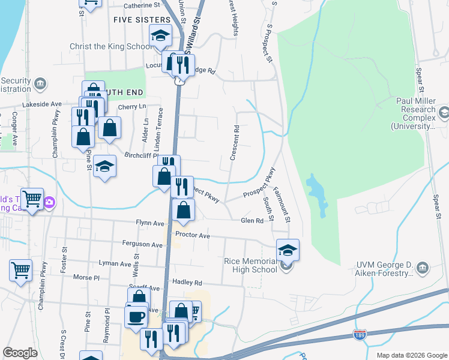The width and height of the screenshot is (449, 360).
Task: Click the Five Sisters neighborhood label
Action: click(141, 20)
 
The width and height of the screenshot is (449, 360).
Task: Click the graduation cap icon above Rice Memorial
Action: click(288, 250)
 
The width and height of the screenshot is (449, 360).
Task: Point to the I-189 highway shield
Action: click(360, 334)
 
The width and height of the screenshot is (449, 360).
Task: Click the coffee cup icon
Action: click(136, 316)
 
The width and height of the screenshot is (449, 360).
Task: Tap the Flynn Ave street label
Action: click(150, 223)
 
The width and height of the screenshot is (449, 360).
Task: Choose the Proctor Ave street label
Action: click(193, 236)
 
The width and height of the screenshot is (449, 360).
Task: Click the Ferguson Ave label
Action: click(142, 245)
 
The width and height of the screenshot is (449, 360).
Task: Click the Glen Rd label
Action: click(252, 221)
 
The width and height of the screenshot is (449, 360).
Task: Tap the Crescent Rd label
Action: click(235, 142)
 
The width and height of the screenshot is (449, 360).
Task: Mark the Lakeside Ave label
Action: click(42, 104)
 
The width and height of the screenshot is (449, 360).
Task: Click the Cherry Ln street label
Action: click(132, 107)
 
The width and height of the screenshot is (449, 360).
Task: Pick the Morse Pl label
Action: click(86, 277)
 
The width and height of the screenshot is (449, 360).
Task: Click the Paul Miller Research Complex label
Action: click(417, 113)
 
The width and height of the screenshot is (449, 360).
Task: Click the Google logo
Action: click(20, 353)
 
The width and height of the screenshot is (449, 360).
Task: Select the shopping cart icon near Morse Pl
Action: click(20, 270)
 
